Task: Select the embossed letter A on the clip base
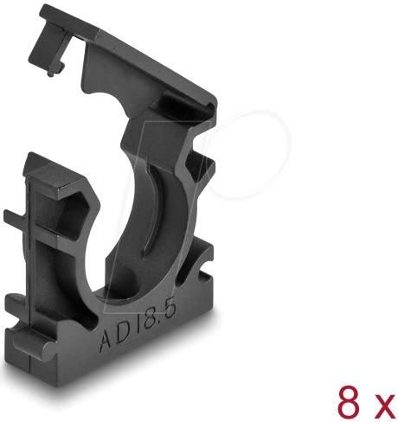tap(107, 341)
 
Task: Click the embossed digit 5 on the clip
tap(169, 309)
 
